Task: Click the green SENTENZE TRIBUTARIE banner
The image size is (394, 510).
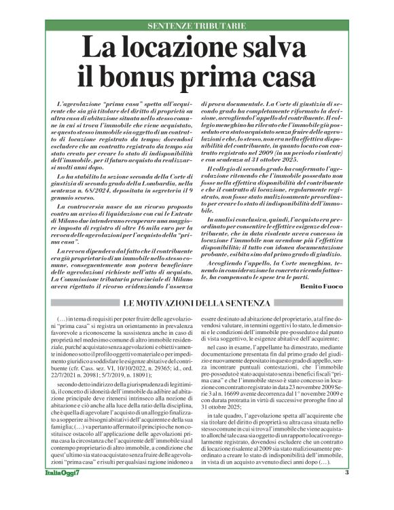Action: (196, 26)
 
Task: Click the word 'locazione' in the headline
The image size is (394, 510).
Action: (178, 50)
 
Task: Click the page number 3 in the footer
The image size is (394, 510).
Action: (346, 492)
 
